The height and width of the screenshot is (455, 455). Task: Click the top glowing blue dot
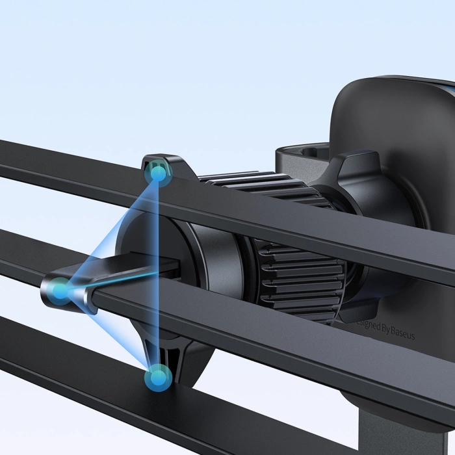click(x=157, y=173)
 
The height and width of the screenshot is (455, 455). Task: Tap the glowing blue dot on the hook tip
click(x=60, y=291)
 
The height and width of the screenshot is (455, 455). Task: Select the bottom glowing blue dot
click(x=158, y=376)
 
